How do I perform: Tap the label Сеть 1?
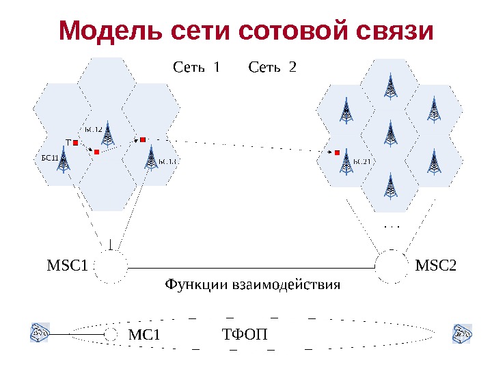point(197,67)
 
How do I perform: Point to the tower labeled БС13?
point(150,159)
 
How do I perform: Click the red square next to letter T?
point(77,143)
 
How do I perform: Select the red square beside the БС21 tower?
point(337,152)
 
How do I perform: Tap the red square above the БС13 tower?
point(143,139)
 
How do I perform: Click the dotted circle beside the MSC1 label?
point(110,266)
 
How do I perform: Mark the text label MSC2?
point(436,264)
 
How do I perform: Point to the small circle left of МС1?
point(111,334)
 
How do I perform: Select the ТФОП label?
point(245,335)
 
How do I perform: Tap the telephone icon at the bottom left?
point(38,333)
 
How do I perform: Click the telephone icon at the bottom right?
point(463,333)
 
